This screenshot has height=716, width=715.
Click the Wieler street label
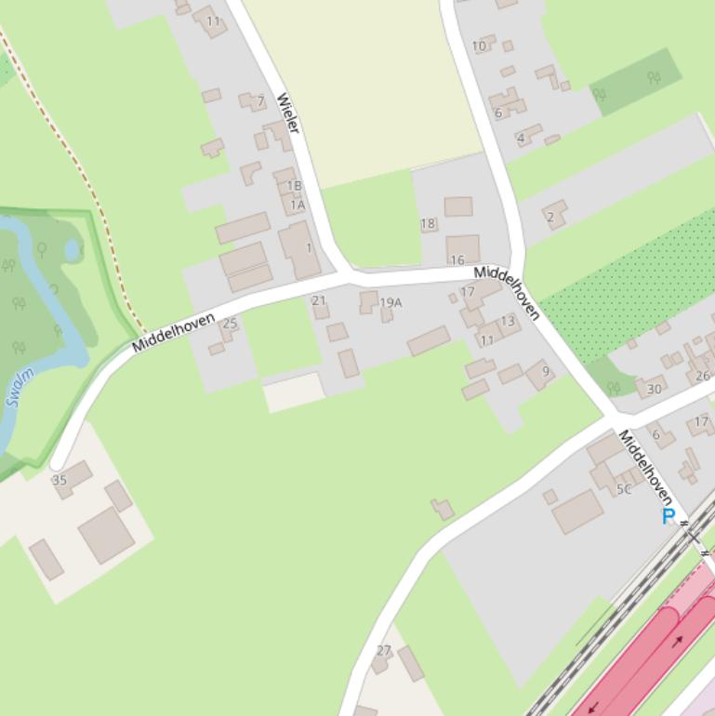(x=288, y=113)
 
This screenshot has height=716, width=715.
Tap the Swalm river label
(x=20, y=388)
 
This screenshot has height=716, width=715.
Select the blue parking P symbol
(x=668, y=517)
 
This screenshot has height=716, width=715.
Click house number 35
(x=60, y=481)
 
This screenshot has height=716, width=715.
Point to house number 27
(x=384, y=651)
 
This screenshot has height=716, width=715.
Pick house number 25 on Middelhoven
(x=230, y=324)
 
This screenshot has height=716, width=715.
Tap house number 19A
(x=391, y=302)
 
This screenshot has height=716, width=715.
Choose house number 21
(x=319, y=300)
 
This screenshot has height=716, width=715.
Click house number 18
(x=428, y=223)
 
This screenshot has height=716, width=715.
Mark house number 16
(x=457, y=260)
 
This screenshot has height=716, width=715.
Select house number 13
(x=507, y=321)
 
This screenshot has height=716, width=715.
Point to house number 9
(x=546, y=372)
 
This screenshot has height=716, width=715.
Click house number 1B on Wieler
(x=294, y=186)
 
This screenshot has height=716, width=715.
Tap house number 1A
(x=298, y=205)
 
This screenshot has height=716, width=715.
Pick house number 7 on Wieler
(x=261, y=101)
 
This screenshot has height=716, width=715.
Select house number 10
(x=479, y=46)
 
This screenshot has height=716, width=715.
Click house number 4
(x=521, y=139)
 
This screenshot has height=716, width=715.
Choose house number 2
(x=550, y=218)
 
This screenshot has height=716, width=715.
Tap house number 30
(x=655, y=390)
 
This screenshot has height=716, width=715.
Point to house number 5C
(x=624, y=489)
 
